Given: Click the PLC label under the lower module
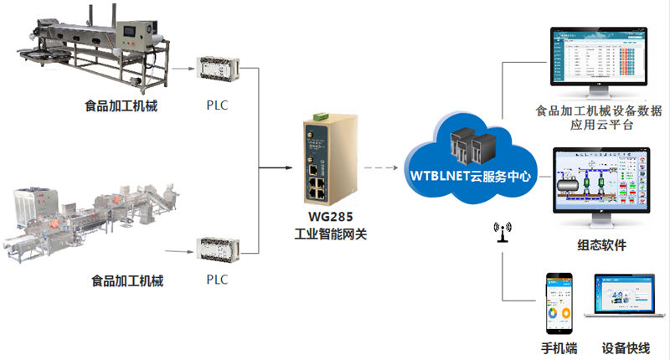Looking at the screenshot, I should pos(216,280).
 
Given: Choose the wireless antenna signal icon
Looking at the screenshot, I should pos(503,231).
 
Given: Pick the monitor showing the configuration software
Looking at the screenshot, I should pos(600,187).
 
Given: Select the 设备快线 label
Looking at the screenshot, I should pos(625,348).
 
